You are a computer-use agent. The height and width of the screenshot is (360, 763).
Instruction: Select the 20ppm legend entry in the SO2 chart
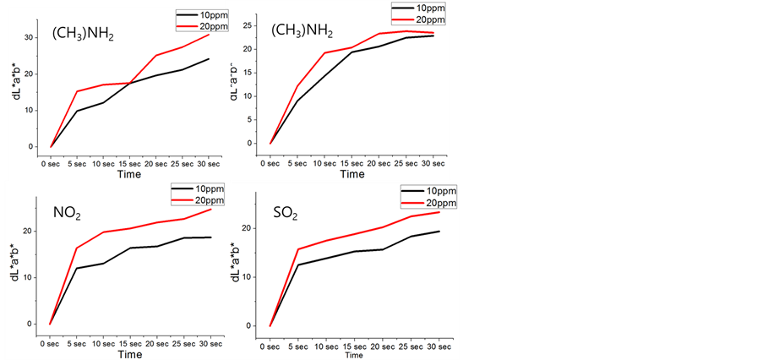[x=440, y=203]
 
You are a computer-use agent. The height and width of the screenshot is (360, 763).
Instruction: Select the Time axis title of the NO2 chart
[x=129, y=355]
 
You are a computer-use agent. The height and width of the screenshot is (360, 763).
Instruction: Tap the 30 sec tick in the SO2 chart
[x=439, y=345]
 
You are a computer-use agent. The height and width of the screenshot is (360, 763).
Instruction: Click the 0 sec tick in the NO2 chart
[x=51, y=343]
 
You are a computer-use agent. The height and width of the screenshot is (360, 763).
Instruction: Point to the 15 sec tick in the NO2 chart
[x=129, y=343]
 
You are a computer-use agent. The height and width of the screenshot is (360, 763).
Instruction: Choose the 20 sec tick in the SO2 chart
[x=382, y=345]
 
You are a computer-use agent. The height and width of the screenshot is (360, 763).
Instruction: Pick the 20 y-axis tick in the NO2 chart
[x=28, y=232]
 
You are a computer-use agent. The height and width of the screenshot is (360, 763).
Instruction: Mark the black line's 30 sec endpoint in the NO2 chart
[x=210, y=237]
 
